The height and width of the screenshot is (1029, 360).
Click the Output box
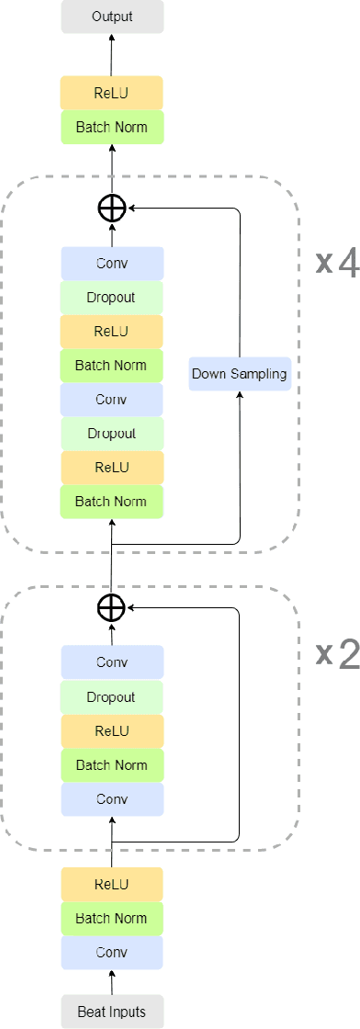(112, 17)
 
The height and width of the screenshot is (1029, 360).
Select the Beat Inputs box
(112, 1012)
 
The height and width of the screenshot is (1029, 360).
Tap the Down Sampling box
(239, 374)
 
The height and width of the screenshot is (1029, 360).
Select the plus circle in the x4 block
(111, 209)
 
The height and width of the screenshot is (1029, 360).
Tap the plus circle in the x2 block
(111, 607)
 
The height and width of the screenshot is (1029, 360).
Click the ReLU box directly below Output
(112, 93)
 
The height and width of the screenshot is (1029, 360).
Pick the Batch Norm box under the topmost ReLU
(112, 127)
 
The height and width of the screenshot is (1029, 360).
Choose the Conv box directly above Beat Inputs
(112, 952)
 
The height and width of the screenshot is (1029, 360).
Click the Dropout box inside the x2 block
(112, 697)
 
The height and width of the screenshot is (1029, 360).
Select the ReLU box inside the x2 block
(112, 731)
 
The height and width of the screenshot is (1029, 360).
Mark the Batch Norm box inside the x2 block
(112, 765)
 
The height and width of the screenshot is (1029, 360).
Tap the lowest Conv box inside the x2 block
(112, 799)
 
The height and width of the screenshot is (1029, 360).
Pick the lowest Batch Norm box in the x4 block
(112, 502)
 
